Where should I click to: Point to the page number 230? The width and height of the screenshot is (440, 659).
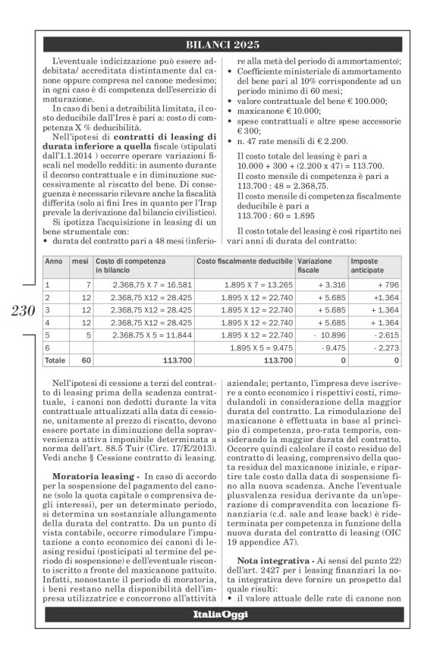click(24, 311)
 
